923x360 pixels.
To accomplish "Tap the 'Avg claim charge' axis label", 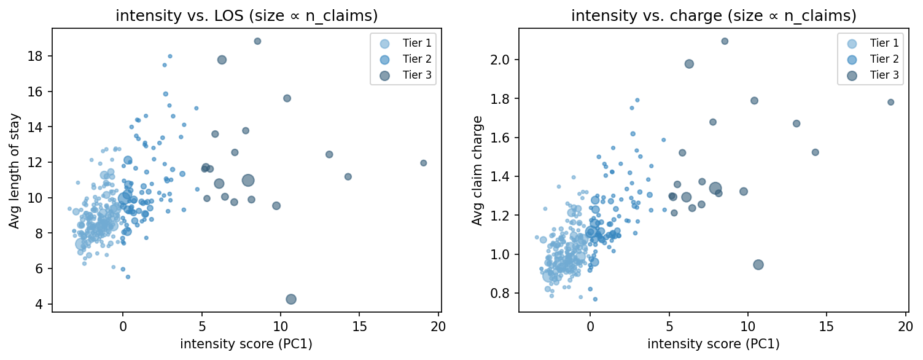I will [x=477, y=170].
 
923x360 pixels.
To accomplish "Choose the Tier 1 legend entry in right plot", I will [x=884, y=43].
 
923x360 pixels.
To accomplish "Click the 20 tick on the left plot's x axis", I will [x=438, y=324].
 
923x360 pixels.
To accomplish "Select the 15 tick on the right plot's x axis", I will [x=827, y=324].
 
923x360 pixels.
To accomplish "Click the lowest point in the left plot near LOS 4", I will [x=291, y=299].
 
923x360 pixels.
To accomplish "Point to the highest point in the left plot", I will [x=257, y=41].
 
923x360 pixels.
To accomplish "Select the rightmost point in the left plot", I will [x=423, y=163].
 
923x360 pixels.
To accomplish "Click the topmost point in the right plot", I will [x=725, y=41].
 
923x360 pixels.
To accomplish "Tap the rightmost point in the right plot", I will [x=890, y=102].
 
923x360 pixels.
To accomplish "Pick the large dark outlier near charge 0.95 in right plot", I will [x=758, y=265].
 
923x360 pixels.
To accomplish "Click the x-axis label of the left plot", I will [x=246, y=344].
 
